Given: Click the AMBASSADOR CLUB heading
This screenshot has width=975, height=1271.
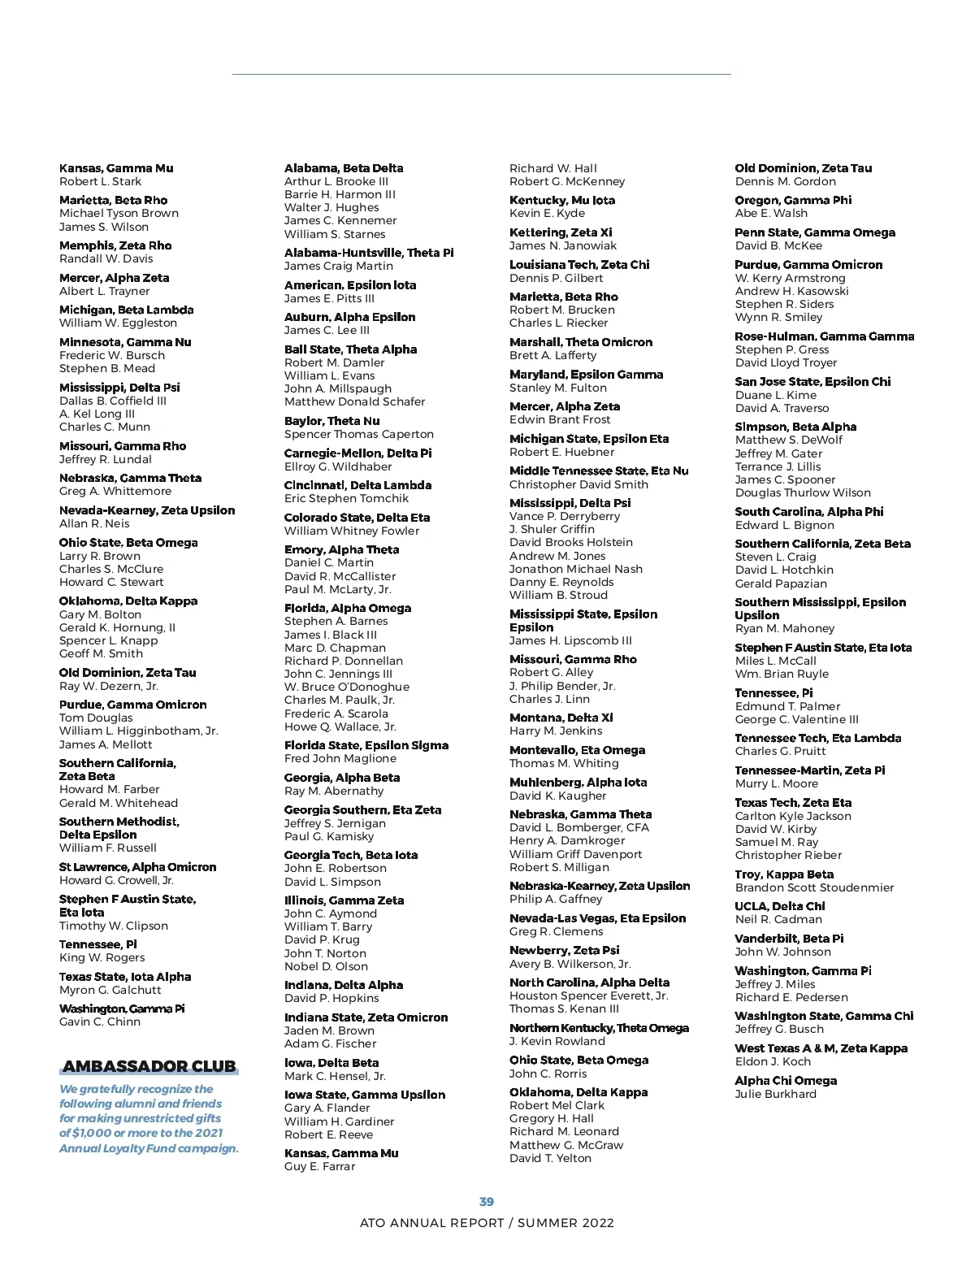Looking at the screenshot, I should point(149,1066).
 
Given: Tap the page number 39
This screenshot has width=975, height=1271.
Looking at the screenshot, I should point(487,1201).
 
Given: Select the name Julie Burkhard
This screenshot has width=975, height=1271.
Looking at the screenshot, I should point(775,1094).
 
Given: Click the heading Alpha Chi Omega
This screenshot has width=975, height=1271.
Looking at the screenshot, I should point(785,1080).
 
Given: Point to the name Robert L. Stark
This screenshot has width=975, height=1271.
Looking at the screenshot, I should point(100,181).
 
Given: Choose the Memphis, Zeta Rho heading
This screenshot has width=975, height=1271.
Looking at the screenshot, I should point(115,245).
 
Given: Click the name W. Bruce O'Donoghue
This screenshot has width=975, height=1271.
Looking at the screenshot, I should point(347,687).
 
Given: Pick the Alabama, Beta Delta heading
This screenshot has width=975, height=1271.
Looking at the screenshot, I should point(344,168).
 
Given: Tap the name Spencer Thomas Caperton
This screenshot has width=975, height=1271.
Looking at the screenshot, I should point(359,434).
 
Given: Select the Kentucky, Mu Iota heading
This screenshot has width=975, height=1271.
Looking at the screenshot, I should point(562,200).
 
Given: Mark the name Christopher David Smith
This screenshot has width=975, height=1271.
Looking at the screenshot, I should point(578,484).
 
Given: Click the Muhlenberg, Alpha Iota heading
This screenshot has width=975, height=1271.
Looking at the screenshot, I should point(578,782).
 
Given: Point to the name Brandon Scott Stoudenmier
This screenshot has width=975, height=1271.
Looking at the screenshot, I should point(814,887).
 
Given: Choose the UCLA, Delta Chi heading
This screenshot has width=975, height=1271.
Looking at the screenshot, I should point(779,906).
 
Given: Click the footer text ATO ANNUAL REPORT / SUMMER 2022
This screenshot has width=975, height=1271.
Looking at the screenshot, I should point(487,1222).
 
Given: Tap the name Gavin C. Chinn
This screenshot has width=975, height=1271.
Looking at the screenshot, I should point(100,1022).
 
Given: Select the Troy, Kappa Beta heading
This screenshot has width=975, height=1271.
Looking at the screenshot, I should point(784,874).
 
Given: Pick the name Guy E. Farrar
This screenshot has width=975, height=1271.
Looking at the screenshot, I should point(319,1166).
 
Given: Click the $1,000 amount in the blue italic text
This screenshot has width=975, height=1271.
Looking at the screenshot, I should point(91,1133).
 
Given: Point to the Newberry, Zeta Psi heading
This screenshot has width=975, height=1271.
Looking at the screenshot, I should point(564,950).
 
